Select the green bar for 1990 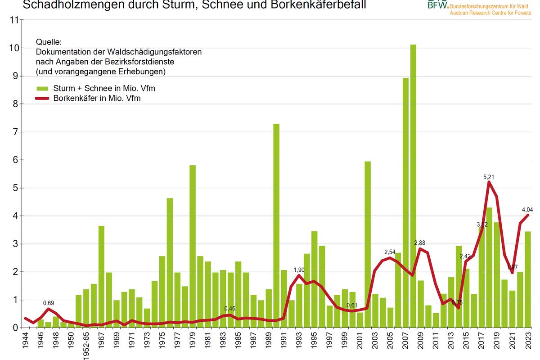(x=276, y=225)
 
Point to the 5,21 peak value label (x=489, y=177)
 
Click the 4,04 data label (x=527, y=209)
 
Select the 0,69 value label (x=49, y=303)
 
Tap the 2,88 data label (x=421, y=243)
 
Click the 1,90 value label (x=299, y=270)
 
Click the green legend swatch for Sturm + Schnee (x=42, y=88)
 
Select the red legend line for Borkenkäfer (x=42, y=99)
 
